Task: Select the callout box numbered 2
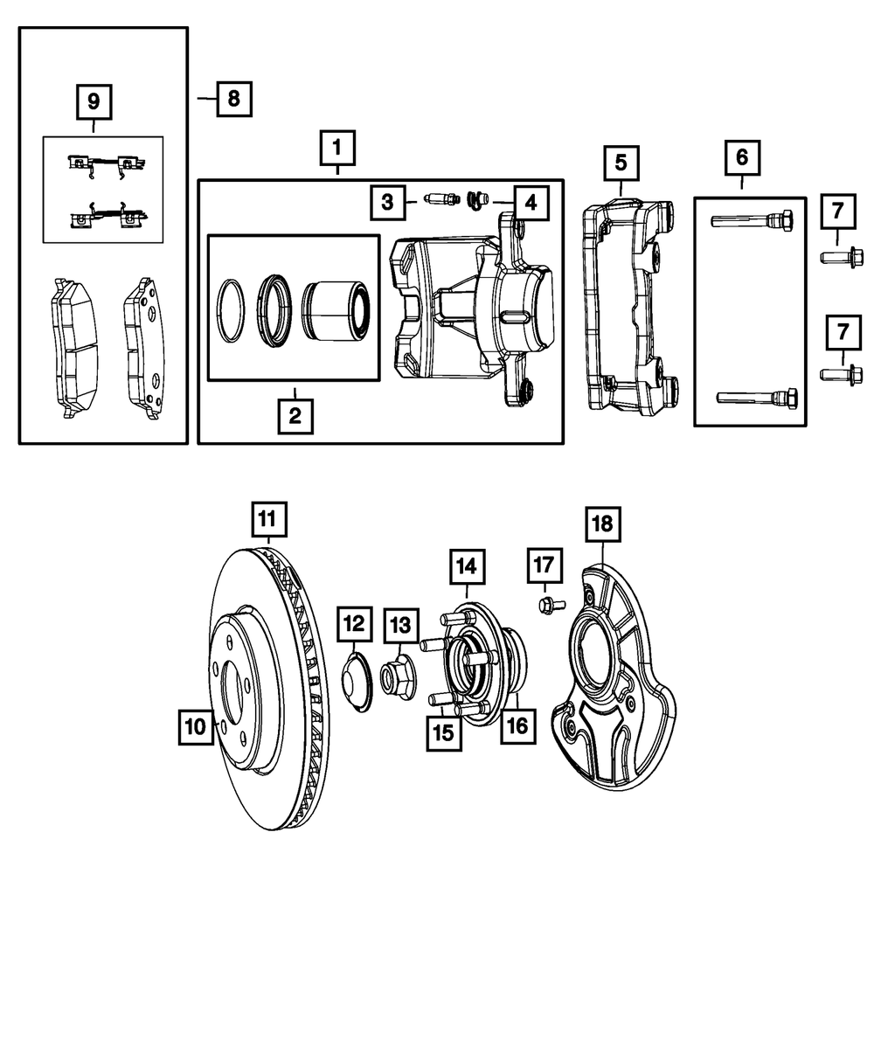[295, 415]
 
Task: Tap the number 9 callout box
[93, 102]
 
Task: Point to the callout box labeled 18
[603, 524]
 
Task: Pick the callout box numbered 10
[197, 725]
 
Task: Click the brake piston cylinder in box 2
[337, 309]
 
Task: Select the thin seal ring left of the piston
[232, 309]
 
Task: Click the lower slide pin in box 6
[755, 397]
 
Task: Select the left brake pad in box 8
[73, 348]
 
